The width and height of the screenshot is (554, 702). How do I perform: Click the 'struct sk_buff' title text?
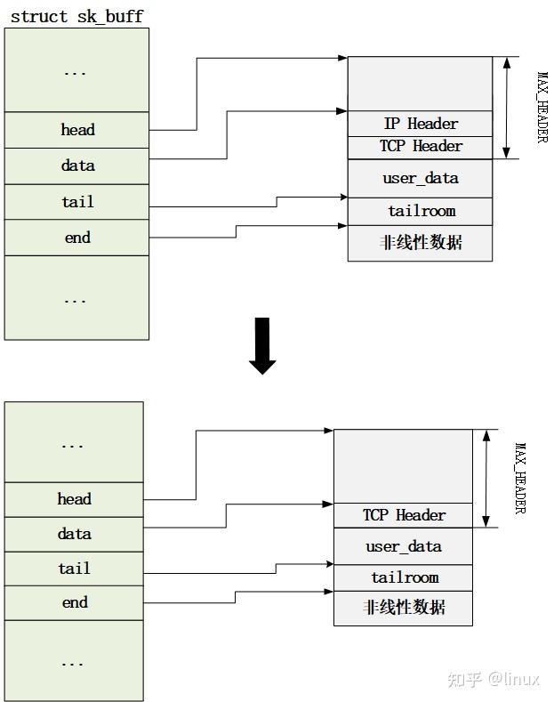point(76,17)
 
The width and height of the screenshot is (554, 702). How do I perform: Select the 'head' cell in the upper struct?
point(77,130)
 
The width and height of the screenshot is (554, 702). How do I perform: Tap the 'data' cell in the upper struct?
point(77,165)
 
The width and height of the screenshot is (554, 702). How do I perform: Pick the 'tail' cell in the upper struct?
point(77,202)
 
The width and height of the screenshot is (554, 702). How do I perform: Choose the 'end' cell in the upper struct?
point(77,238)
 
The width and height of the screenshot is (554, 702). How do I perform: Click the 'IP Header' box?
point(421,124)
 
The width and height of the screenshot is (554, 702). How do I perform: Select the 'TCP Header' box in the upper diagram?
point(421,146)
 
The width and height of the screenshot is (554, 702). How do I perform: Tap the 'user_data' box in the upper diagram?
point(421,178)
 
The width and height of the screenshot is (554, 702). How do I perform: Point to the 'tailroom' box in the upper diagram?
point(421,211)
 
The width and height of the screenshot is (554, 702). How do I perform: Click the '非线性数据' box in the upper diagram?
point(421,242)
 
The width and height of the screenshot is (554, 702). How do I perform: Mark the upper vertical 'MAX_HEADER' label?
point(542,107)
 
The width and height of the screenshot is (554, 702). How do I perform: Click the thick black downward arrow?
point(262,345)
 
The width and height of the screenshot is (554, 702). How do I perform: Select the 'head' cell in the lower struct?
point(75,499)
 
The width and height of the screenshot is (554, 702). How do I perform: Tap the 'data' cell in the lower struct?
point(75,534)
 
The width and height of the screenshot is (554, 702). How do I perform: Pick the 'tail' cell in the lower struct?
point(75,569)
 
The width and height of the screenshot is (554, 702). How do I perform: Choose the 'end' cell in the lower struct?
point(75,602)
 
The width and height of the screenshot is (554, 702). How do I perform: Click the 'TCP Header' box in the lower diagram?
point(404,515)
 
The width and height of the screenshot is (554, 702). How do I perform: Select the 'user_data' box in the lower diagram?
point(404,546)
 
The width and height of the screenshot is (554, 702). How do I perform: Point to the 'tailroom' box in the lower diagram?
point(404,577)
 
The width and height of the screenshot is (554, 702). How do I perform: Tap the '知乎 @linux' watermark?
point(494,679)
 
